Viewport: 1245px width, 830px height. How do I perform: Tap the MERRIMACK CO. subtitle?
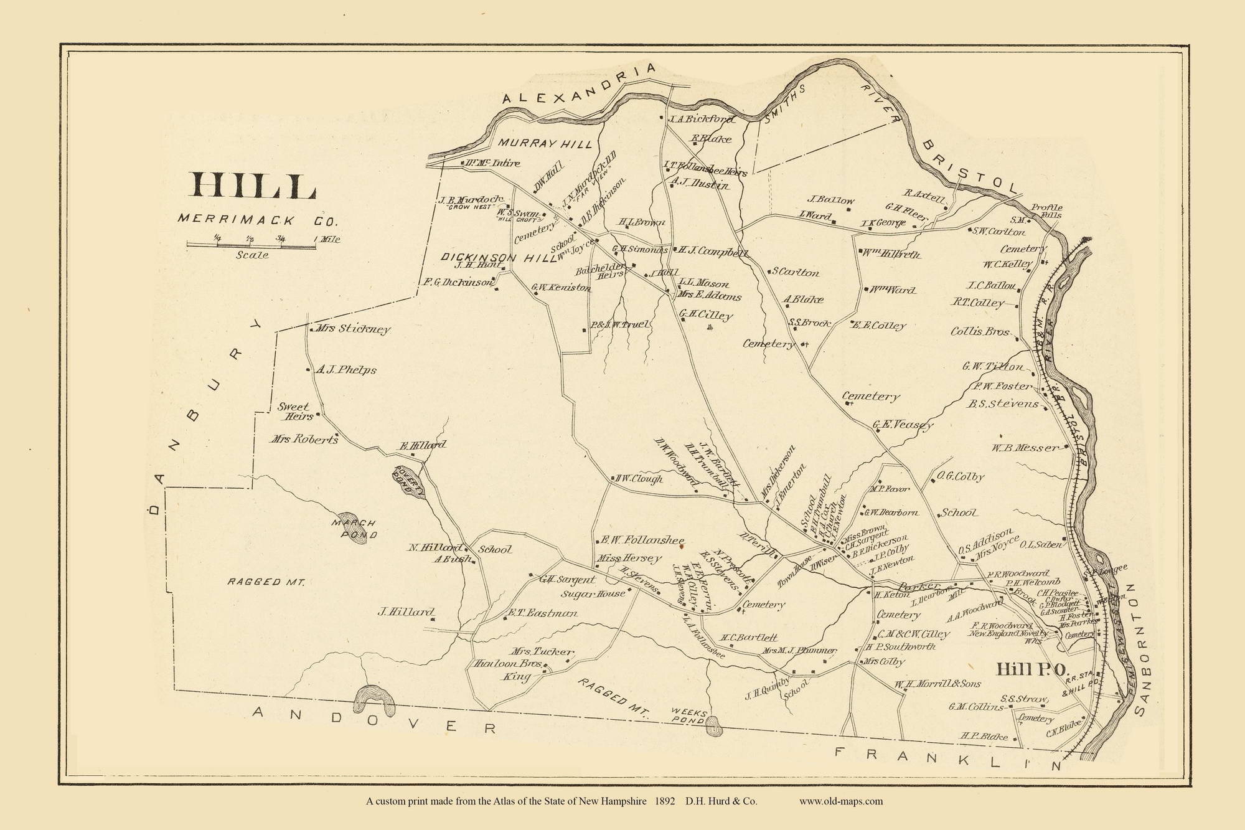[x=258, y=220]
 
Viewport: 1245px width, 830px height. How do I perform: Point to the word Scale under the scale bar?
[x=252, y=255]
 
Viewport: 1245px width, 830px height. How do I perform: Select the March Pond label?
[x=354, y=528]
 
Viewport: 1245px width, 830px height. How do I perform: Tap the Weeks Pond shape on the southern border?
[x=715, y=726]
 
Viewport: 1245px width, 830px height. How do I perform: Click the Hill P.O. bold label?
[x=1032, y=669]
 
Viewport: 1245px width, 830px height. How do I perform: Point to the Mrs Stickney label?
[x=353, y=329]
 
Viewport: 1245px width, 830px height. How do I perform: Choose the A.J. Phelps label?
[x=346, y=370]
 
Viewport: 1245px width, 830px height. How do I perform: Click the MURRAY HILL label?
[x=545, y=144]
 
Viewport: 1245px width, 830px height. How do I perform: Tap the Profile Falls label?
[x=1046, y=211]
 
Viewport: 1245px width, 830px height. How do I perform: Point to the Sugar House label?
[x=593, y=593]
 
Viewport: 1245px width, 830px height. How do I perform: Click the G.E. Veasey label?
[x=903, y=425]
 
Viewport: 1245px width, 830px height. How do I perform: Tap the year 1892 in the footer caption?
[x=666, y=801]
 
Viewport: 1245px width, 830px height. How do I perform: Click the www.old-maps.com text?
[x=840, y=801]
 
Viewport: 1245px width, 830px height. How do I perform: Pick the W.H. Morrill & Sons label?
[x=938, y=684]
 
